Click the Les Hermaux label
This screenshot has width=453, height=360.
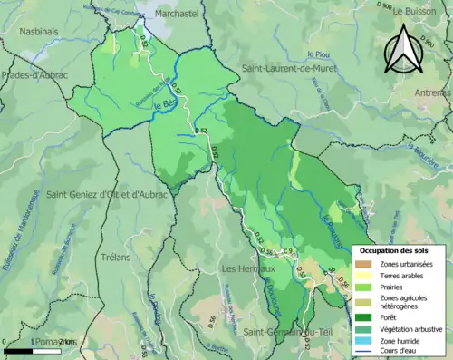tap(244, 268)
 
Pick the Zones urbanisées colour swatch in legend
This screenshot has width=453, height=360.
tap(364, 263)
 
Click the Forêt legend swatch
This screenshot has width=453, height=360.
tap(364, 316)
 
